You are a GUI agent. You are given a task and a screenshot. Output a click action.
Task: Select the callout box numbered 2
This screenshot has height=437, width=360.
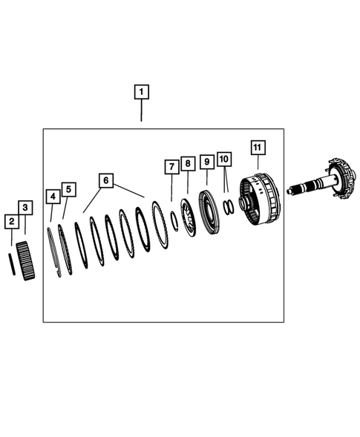tap(11, 221)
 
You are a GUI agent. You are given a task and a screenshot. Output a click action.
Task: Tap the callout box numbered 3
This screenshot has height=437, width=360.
tap(25, 207)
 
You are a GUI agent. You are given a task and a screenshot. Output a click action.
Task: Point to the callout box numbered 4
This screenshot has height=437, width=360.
tap(53, 197)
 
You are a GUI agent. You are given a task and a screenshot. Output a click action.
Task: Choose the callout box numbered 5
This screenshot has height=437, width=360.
tap(68, 190)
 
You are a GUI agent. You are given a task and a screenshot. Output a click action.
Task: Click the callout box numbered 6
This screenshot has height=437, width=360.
tap(106, 180)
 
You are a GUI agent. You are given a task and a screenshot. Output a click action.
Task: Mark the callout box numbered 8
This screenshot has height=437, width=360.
tap(188, 162)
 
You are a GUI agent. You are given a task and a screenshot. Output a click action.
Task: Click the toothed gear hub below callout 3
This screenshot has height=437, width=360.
tap(26, 262)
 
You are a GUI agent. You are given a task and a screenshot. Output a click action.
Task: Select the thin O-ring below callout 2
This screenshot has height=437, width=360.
tap(11, 263)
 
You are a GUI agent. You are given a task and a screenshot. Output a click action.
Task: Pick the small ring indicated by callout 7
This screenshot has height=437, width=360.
tap(173, 221)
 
